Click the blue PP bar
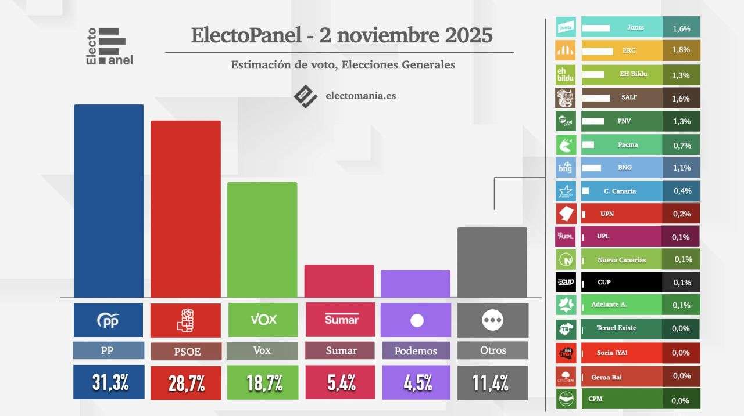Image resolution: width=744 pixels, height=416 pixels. pyautogui.click(x=109, y=201)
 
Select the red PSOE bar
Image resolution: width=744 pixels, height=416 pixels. pyautogui.click(x=185, y=209)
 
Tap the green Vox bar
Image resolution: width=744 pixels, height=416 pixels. pyautogui.click(x=262, y=240)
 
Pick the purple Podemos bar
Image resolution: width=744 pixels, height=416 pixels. pyautogui.click(x=416, y=284)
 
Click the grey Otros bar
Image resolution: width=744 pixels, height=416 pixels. pyautogui.click(x=492, y=262)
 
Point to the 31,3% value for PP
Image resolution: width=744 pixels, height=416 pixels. pyautogui.click(x=109, y=382)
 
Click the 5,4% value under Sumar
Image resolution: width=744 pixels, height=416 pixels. pyautogui.click(x=339, y=382)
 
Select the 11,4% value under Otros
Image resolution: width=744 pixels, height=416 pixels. pyautogui.click(x=492, y=382)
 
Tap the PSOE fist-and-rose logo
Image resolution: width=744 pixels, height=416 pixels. pyautogui.click(x=185, y=320)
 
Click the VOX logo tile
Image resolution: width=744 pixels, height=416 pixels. pyautogui.click(x=263, y=320)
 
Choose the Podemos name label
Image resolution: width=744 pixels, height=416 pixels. pyautogui.click(x=416, y=350)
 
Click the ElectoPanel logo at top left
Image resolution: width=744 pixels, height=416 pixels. pyautogui.click(x=110, y=46)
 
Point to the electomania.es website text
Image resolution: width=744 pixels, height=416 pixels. pyautogui.click(x=360, y=95)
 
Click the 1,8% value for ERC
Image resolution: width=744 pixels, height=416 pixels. pyautogui.click(x=681, y=50)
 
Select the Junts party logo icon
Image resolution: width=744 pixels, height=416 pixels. pyautogui.click(x=566, y=27)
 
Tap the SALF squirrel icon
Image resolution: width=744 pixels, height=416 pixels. pyautogui.click(x=566, y=98)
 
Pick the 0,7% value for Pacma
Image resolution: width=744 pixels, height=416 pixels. pyautogui.click(x=681, y=144)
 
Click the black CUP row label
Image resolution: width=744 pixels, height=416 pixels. pyautogui.click(x=604, y=282)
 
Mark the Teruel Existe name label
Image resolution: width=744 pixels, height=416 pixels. pyautogui.click(x=616, y=328)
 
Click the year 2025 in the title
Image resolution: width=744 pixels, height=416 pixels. pyautogui.click(x=468, y=35)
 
